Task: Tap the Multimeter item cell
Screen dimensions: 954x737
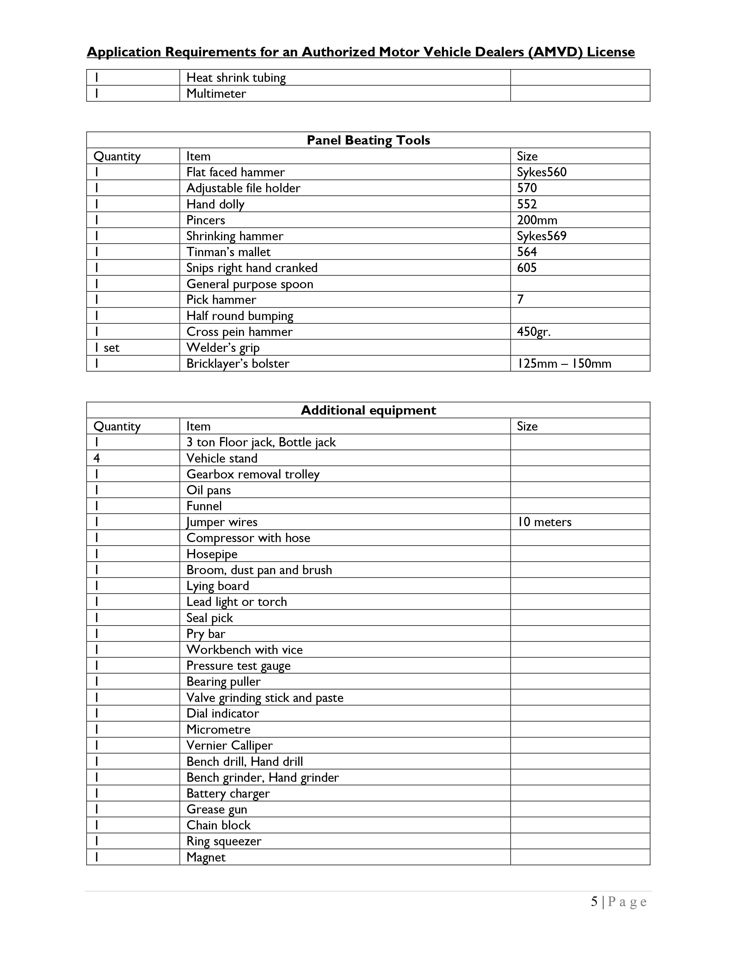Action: point(216,93)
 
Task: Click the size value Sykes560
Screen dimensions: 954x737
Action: point(541,172)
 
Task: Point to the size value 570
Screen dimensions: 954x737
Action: point(527,188)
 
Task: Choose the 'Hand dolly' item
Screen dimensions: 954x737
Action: point(215,204)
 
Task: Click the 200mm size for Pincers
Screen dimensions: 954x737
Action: point(537,220)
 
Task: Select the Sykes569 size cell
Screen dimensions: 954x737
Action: point(541,236)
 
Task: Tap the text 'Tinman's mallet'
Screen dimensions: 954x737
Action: point(228,252)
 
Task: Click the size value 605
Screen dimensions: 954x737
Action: point(527,268)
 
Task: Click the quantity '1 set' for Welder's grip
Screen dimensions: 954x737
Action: point(107,348)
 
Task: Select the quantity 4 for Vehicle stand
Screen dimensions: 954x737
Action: point(97,458)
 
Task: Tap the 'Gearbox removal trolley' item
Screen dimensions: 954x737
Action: point(253,474)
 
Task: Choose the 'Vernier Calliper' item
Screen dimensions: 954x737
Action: point(229,746)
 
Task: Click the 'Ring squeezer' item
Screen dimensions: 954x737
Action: point(223,841)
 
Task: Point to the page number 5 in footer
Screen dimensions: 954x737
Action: point(594,902)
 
